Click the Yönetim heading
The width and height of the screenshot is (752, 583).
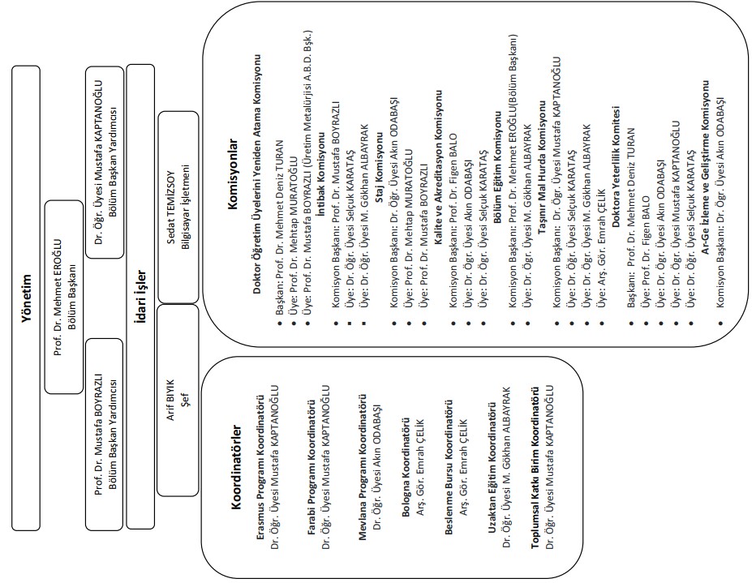click(x=26, y=298)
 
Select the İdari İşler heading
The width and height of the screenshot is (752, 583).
click(x=140, y=298)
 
